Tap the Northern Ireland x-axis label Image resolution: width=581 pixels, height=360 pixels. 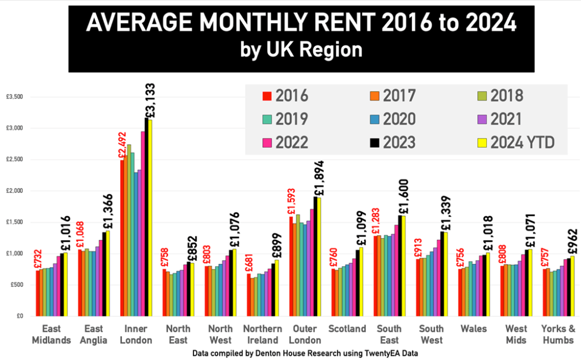click(x=262, y=334)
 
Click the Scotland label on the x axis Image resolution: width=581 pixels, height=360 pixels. click(x=347, y=329)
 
